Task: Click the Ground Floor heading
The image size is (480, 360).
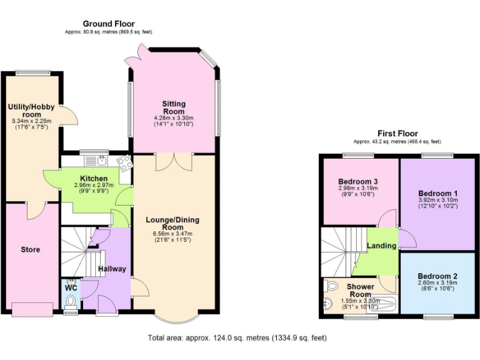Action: pyautogui.click(x=109, y=24)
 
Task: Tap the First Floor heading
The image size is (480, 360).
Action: pyautogui.click(x=397, y=134)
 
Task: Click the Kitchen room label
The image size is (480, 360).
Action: pyautogui.click(x=90, y=179)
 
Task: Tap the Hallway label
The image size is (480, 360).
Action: pyautogui.click(x=112, y=269)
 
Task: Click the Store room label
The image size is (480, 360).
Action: pyautogui.click(x=30, y=249)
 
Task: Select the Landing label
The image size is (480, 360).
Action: pyautogui.click(x=382, y=246)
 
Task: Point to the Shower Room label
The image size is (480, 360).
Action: pyautogui.click(x=360, y=291)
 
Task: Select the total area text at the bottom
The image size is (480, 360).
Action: pyautogui.click(x=237, y=338)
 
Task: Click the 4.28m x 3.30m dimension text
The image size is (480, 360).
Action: pyautogui.click(x=174, y=117)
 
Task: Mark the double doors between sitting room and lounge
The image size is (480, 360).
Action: pyautogui.click(x=173, y=161)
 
